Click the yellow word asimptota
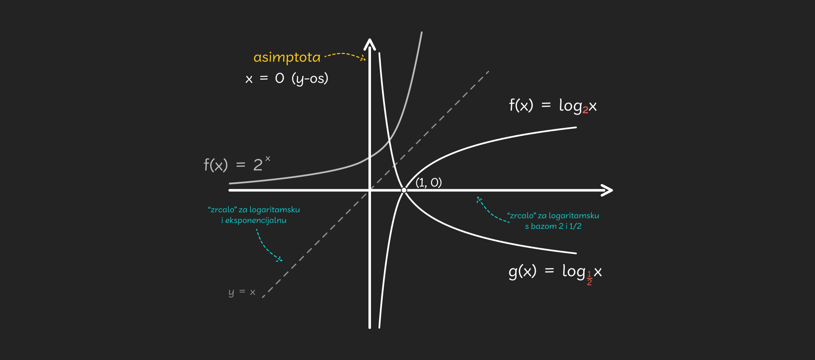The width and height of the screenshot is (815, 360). coord(287,57)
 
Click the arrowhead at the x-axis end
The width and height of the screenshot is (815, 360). coord(607,190)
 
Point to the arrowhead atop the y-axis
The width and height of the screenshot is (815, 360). coord(370,44)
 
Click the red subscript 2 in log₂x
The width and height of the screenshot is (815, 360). coord(585,110)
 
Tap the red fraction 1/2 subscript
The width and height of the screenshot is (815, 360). coord(589,278)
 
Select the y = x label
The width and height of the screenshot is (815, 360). coord(242,292)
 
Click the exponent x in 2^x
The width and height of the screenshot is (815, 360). coord(267,158)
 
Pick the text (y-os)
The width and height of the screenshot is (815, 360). coord(310,79)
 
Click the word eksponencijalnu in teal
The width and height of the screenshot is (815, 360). coord(256,220)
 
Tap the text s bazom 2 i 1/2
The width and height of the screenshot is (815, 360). coord(553,226)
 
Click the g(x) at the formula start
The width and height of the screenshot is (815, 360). coord(523,271)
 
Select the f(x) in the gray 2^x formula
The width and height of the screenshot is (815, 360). coord(216,164)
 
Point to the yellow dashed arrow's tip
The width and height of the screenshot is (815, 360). coord(364,59)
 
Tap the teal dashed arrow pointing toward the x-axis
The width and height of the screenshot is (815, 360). coord(489,211)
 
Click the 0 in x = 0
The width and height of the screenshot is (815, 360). coord(279,78)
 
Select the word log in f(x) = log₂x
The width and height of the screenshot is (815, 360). coord(570,105)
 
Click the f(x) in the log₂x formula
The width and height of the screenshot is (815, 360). coord(521,105)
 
